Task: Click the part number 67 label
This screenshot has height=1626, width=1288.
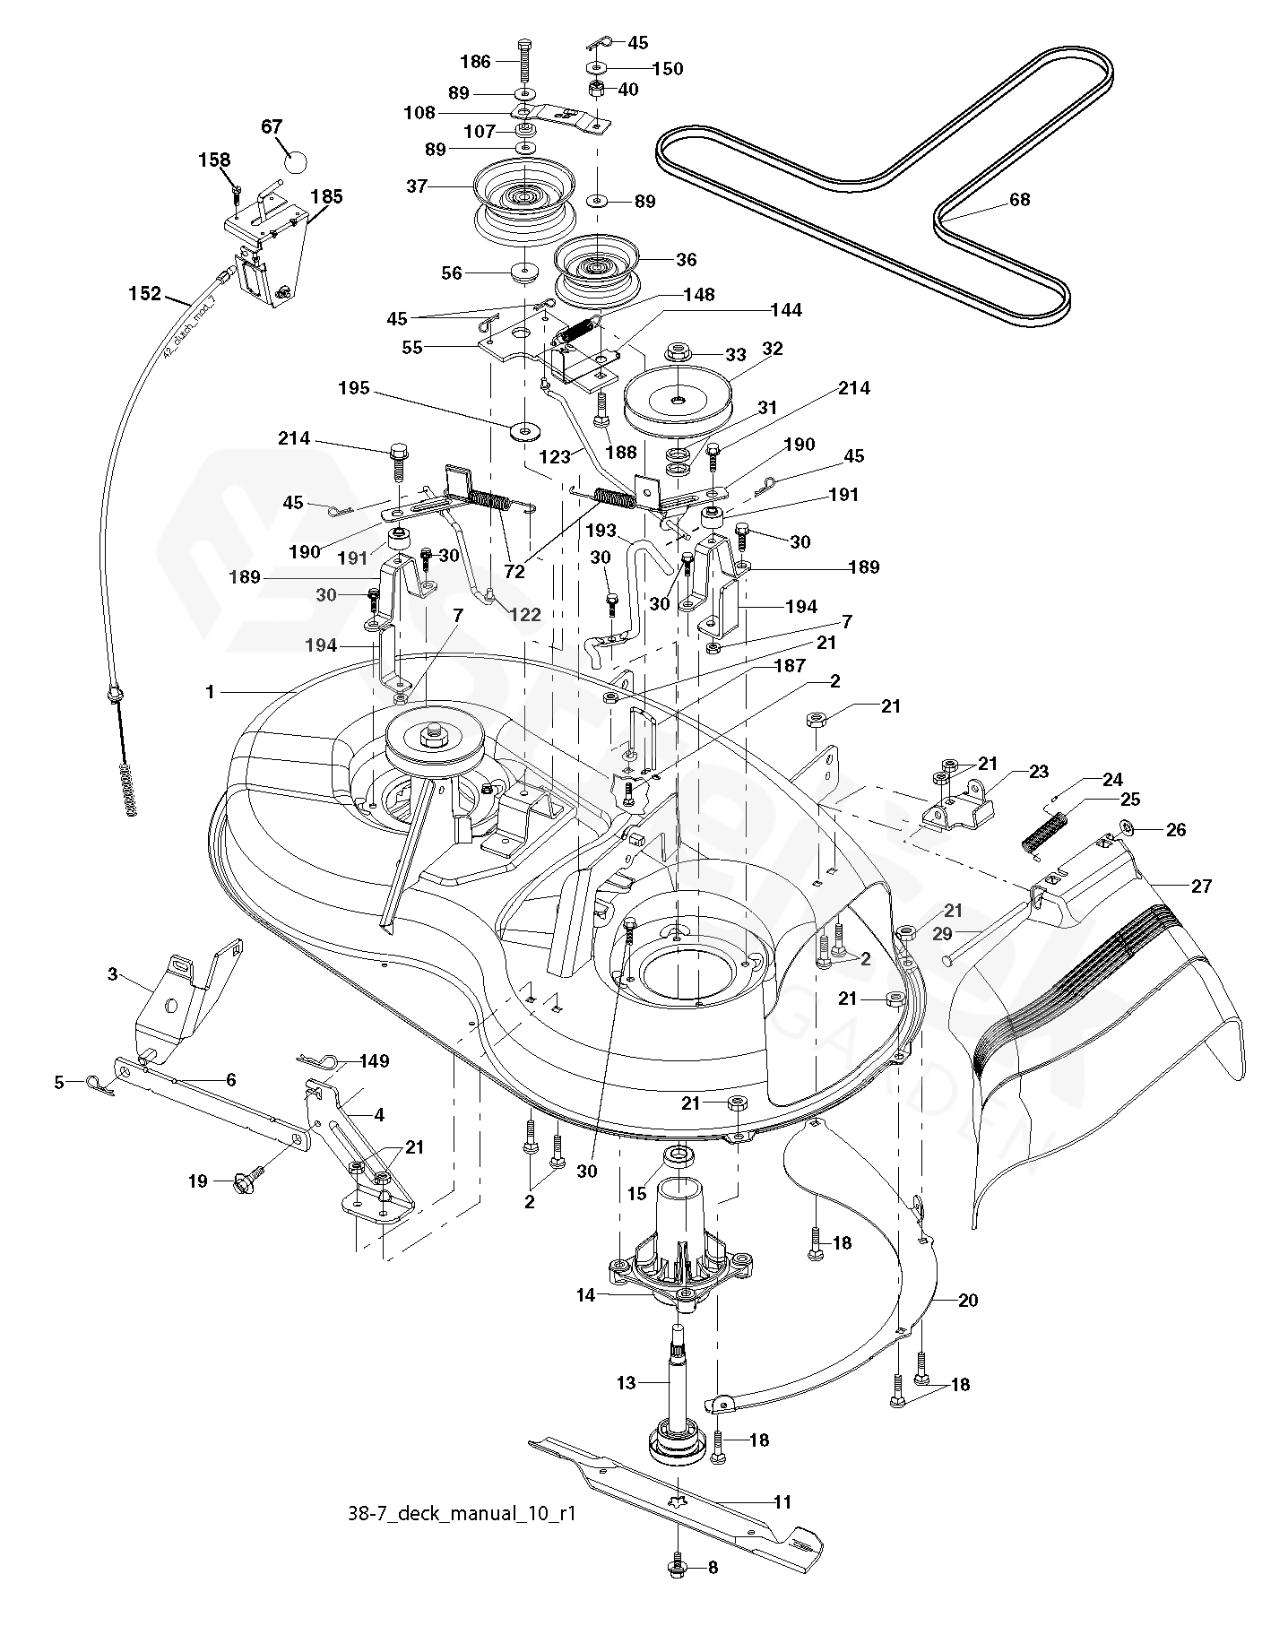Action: point(272,126)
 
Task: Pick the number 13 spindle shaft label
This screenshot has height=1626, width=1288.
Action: point(626,1383)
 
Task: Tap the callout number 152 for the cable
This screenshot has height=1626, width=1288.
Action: point(145,292)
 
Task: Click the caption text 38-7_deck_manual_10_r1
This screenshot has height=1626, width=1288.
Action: point(461,1514)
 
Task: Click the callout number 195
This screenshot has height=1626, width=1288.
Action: point(354,391)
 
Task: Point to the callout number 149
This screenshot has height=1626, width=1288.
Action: point(374,1061)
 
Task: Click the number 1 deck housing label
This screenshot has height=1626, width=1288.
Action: point(210,692)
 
